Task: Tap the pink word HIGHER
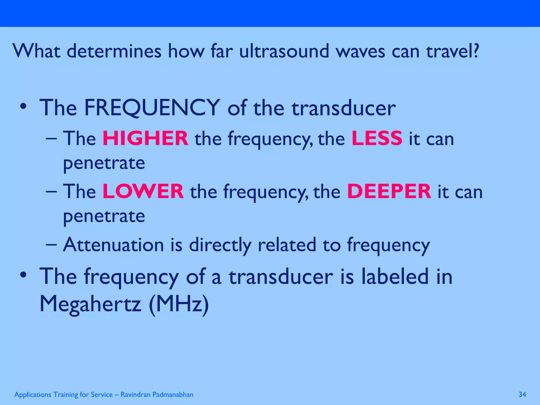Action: click(145, 138)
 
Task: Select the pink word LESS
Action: click(377, 138)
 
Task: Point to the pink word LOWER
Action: click(143, 191)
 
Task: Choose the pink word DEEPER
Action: click(389, 191)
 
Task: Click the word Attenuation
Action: click(113, 245)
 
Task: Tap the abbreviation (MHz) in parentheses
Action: click(179, 304)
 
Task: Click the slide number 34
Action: click(522, 394)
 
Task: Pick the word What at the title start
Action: click(36, 51)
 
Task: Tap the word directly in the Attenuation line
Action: click(220, 245)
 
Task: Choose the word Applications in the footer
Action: click(33, 395)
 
